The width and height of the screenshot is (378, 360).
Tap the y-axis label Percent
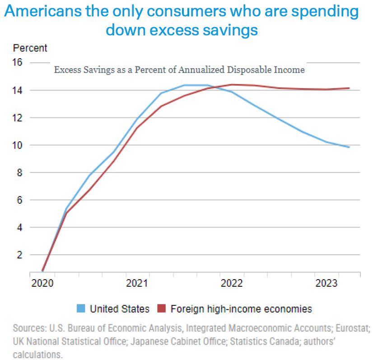tap(30, 48)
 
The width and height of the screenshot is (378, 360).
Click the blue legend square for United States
tap(81, 309)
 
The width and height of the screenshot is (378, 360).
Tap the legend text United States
tap(120, 309)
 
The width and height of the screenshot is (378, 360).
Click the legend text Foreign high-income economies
tap(241, 309)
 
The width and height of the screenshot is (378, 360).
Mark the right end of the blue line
tap(349, 147)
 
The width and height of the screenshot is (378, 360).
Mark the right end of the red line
tap(349, 88)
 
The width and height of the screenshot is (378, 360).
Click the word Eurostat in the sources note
tap(354, 327)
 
